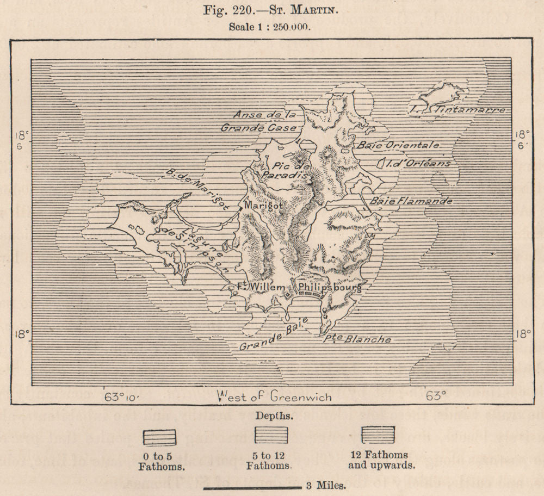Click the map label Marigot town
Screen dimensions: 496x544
point(262,206)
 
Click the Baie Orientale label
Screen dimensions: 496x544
point(397,146)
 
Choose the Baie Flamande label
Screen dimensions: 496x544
point(411,201)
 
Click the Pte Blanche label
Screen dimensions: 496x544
point(357,339)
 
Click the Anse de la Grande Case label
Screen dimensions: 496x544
point(259,121)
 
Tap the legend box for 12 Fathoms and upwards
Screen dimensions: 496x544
point(377,435)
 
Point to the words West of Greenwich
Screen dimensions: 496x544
point(274,396)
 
